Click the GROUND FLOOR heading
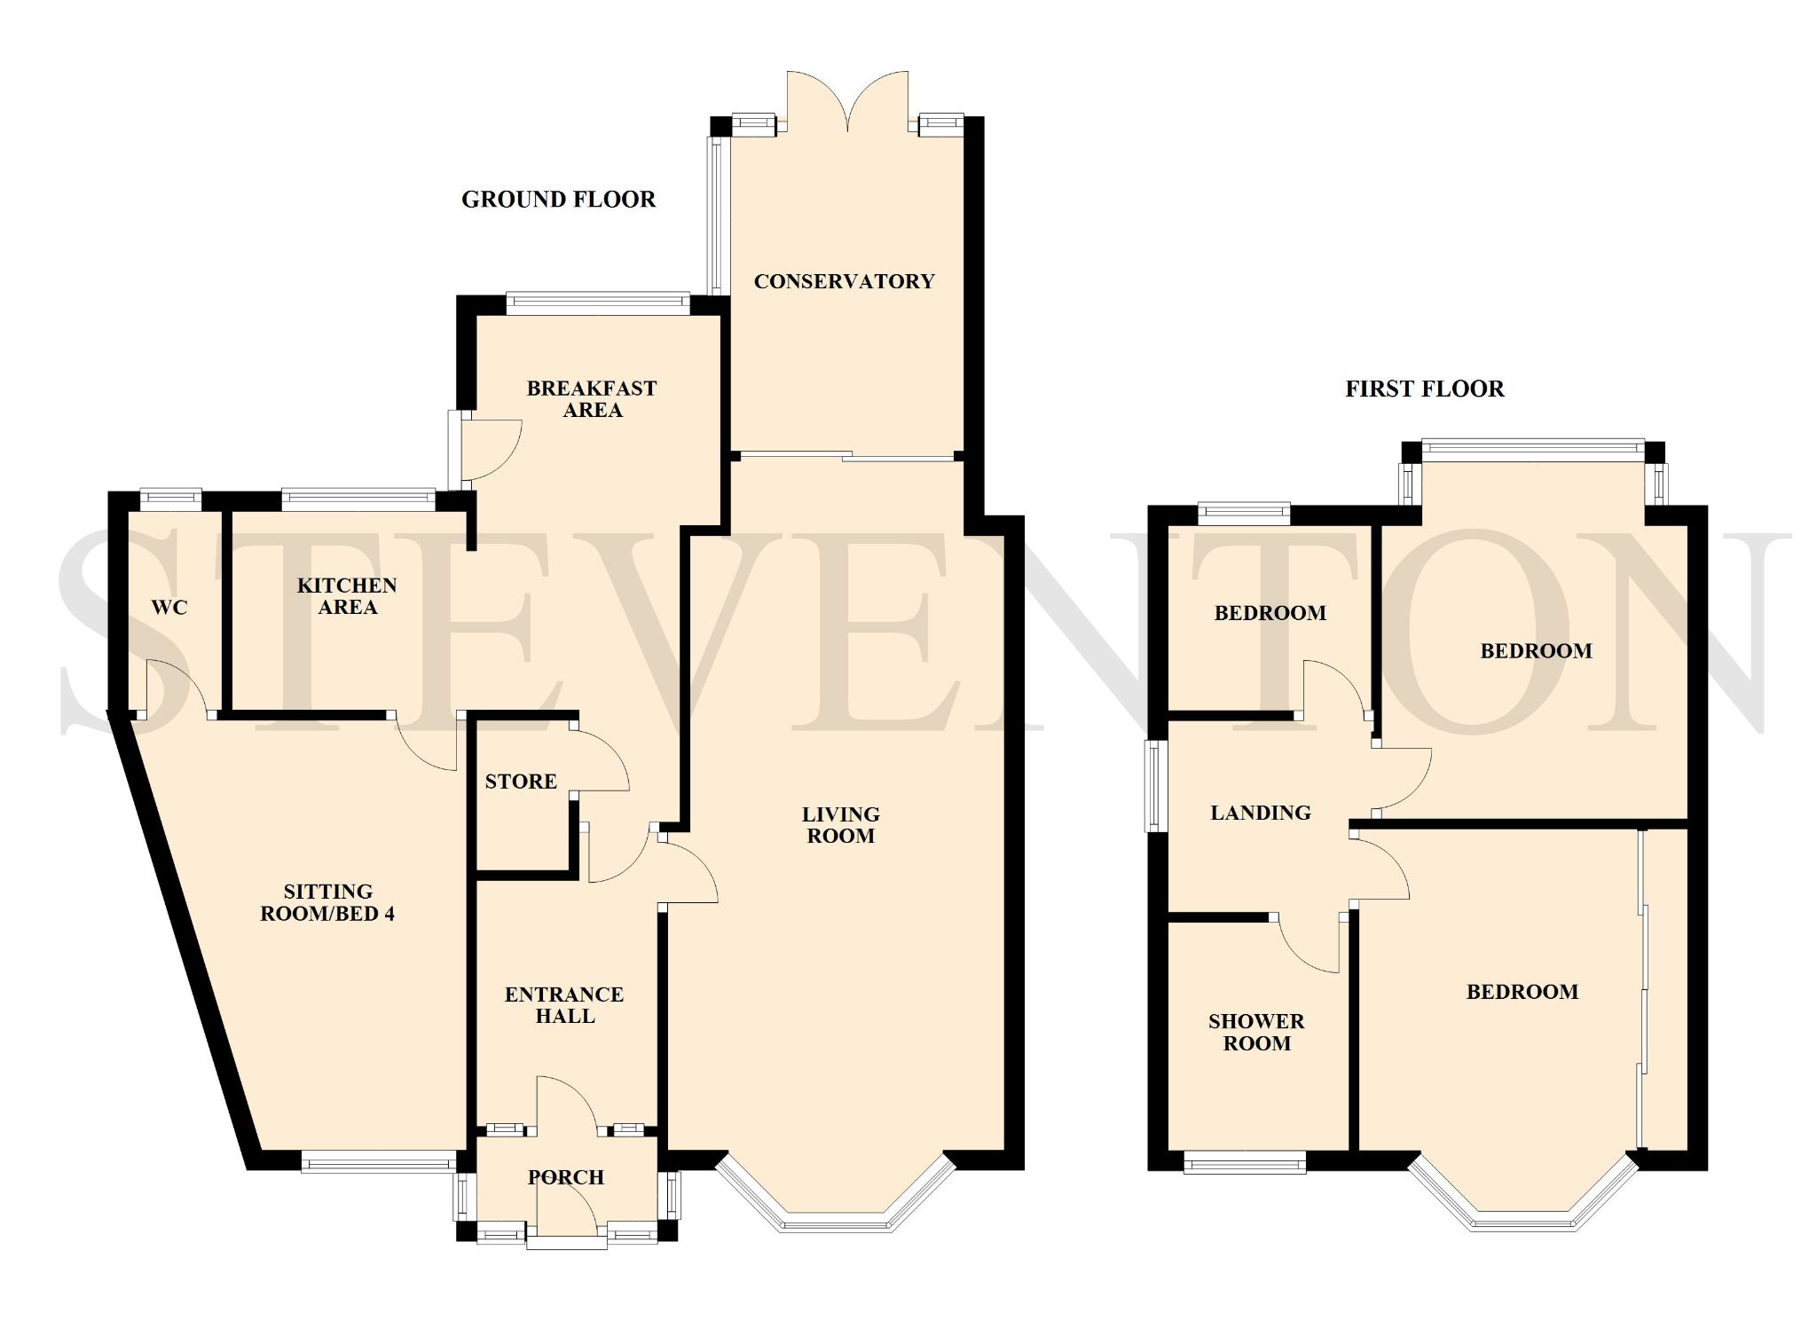coord(558,200)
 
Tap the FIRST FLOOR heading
coord(1425,389)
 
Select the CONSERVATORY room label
coord(844,281)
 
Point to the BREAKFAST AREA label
coord(592,399)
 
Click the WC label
coord(169,608)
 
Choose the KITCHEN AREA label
coord(347,596)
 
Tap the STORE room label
coord(521,782)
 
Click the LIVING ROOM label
coord(840,825)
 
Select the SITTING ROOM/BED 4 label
coord(327,902)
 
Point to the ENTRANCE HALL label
coord(564,1005)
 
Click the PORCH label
coord(566,1177)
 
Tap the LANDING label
coord(1261,813)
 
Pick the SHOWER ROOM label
coord(1256,1033)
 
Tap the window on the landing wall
coord(1156,786)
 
